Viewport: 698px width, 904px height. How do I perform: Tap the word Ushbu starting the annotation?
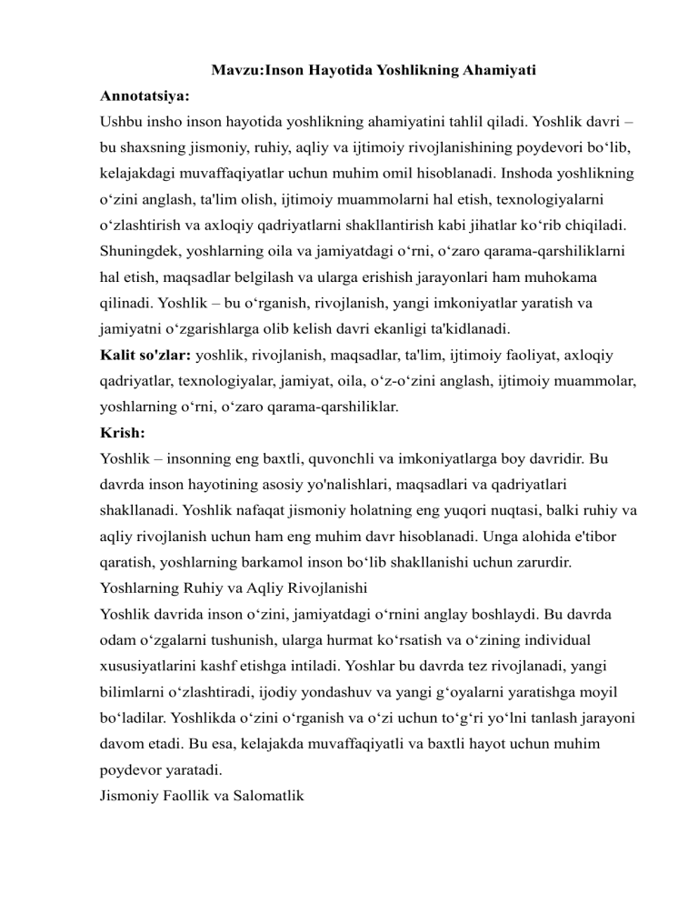(122, 119)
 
